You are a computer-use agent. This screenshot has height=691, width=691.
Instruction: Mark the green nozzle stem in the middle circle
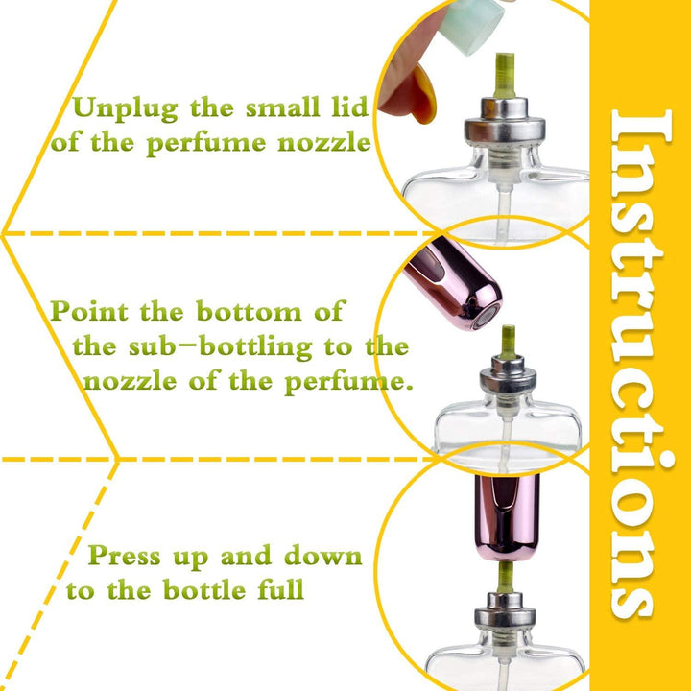[508, 340]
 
